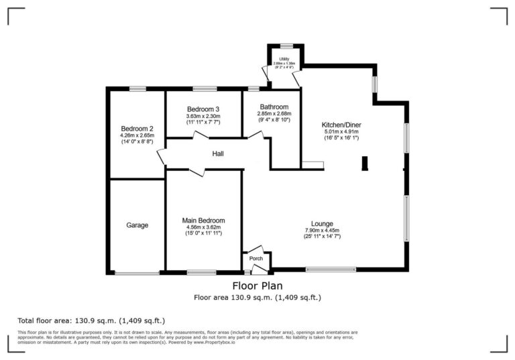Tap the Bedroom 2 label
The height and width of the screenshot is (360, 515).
pyautogui.click(x=137, y=129)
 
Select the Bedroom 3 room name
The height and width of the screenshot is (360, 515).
pyautogui.click(x=203, y=109)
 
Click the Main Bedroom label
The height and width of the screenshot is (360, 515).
pyautogui.click(x=203, y=221)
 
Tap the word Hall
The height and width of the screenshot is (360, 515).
pyautogui.click(x=218, y=154)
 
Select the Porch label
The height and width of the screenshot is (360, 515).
pyautogui.click(x=255, y=258)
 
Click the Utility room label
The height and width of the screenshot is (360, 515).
pyautogui.click(x=285, y=60)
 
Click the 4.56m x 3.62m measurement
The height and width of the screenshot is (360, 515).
pyautogui.click(x=203, y=227)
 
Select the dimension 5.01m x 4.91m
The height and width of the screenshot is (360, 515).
pyautogui.click(x=341, y=132)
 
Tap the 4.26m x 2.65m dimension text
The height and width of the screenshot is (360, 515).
pyautogui.click(x=137, y=135)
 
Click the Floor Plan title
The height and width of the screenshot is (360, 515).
pyautogui.click(x=257, y=285)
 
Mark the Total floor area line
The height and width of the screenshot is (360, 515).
pyautogui.click(x=91, y=320)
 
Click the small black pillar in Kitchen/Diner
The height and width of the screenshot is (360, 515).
pyautogui.click(x=364, y=164)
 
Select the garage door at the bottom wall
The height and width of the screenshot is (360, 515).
pyautogui.click(x=136, y=272)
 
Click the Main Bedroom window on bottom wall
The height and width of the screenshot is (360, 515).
pyautogui.click(x=201, y=272)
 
